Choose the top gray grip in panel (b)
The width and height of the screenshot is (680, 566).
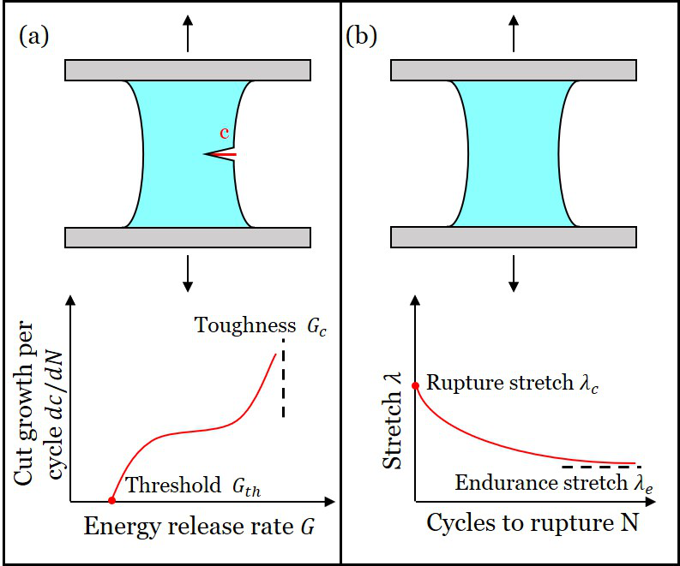(x=514, y=70)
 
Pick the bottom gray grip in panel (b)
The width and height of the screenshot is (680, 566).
(x=514, y=237)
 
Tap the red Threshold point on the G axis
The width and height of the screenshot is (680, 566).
(x=111, y=500)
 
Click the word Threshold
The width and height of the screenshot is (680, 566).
(x=172, y=486)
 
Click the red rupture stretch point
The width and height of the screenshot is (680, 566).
(x=416, y=386)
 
